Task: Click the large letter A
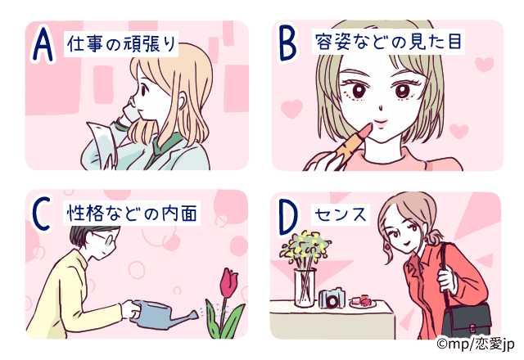43,44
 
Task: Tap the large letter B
287,43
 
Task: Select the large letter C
42,214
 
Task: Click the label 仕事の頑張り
121,44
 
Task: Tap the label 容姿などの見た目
388,42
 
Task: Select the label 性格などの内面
132,213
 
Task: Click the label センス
341,214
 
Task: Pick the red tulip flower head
228,282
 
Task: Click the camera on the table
332,299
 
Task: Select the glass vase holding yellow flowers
305,288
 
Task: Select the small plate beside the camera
362,302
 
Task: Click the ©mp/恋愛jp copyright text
476,344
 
